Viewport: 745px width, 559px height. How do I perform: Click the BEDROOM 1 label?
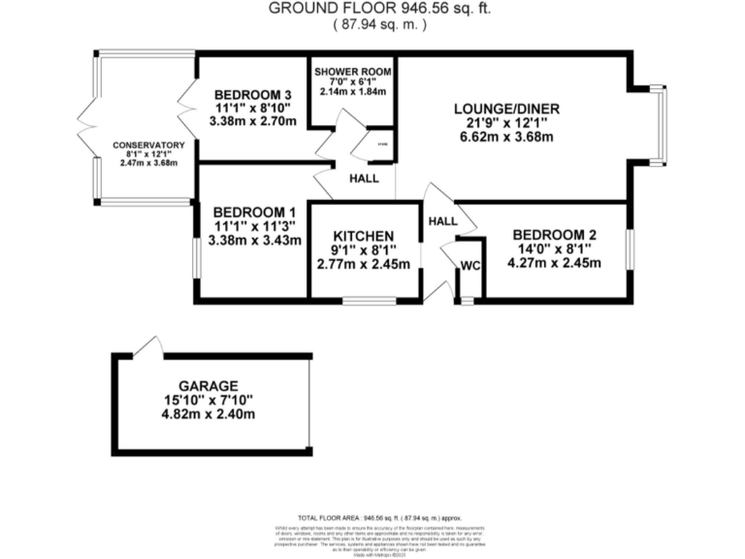[x=254, y=213]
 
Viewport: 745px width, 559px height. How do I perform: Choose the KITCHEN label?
[x=363, y=236]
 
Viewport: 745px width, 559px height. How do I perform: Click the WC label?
[x=470, y=265]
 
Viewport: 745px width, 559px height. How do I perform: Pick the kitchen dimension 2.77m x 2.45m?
[x=363, y=264]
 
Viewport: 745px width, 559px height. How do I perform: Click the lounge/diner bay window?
[x=662, y=124]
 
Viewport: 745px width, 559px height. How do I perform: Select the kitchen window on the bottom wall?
[x=369, y=302]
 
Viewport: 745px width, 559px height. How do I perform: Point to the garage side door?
[x=148, y=347]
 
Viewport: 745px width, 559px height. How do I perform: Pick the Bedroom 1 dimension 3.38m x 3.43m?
[x=254, y=241]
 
